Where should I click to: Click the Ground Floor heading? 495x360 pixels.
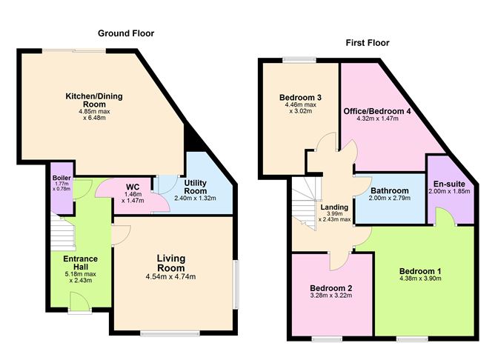(126, 33)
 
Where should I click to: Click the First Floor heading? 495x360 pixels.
(368, 43)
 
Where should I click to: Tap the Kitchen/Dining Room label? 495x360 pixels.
(94, 100)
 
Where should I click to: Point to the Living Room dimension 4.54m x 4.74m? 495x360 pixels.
(170, 277)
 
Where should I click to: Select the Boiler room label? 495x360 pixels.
(62, 178)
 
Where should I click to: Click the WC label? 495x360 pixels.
(133, 187)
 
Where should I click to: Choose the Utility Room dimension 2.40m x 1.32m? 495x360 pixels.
(195, 198)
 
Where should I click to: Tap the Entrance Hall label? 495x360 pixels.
(81, 263)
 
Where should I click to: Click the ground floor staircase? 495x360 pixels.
(63, 233)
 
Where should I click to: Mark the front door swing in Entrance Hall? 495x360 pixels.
(78, 301)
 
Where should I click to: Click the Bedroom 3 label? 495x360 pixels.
(301, 98)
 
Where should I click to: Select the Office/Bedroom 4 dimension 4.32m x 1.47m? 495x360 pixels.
(378, 119)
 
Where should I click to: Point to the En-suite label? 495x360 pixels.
(449, 184)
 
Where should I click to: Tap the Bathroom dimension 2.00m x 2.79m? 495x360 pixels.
(390, 198)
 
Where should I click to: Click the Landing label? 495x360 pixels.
(334, 207)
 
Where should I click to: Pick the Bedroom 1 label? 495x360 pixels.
(420, 271)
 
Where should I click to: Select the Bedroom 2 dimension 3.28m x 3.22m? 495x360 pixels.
(330, 296)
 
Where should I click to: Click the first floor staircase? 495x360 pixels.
(304, 203)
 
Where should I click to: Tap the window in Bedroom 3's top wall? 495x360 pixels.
(299, 59)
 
